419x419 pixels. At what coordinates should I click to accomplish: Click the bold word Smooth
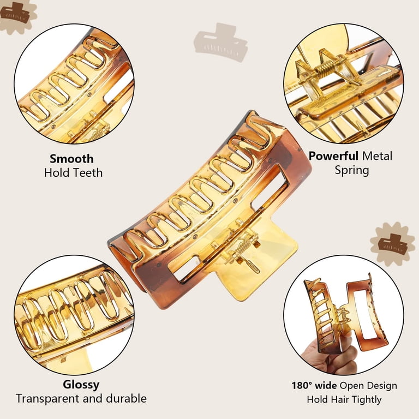[71, 159]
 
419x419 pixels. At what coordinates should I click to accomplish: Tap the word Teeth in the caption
[88, 172]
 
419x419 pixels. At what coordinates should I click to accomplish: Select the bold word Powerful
[333, 156]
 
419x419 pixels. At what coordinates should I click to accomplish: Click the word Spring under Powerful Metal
[352, 170]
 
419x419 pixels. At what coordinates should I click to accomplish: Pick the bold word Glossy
[81, 385]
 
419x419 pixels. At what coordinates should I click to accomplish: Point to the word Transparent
[48, 399]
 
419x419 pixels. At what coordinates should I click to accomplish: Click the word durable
[126, 398]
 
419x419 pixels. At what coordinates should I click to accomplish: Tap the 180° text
[302, 386]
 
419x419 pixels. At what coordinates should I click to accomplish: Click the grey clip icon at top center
[221, 42]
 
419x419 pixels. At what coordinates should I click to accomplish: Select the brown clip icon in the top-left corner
[15, 13]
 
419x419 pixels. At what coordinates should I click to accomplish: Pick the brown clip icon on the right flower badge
[393, 243]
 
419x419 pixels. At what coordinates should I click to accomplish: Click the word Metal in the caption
[377, 156]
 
